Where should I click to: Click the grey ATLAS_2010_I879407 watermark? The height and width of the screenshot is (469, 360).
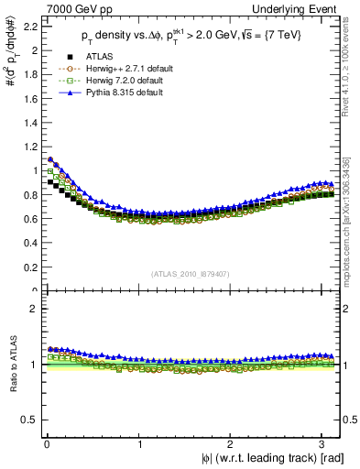click(x=191, y=274)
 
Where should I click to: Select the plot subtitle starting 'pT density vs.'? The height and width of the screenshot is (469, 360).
click(x=191, y=38)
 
